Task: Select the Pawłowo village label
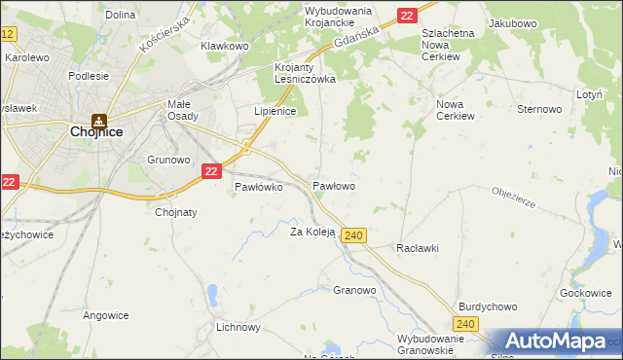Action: [x=333, y=185]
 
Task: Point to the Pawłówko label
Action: [x=258, y=187]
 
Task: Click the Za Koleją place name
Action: [x=312, y=232]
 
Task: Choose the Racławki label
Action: [x=417, y=248]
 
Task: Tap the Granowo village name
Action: [x=354, y=290]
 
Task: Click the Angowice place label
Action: [x=106, y=315]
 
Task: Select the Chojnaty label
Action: [x=176, y=212]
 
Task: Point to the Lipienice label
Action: [x=275, y=111]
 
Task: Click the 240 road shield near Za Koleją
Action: [x=354, y=235]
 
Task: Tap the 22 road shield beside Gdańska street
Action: [x=407, y=15]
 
